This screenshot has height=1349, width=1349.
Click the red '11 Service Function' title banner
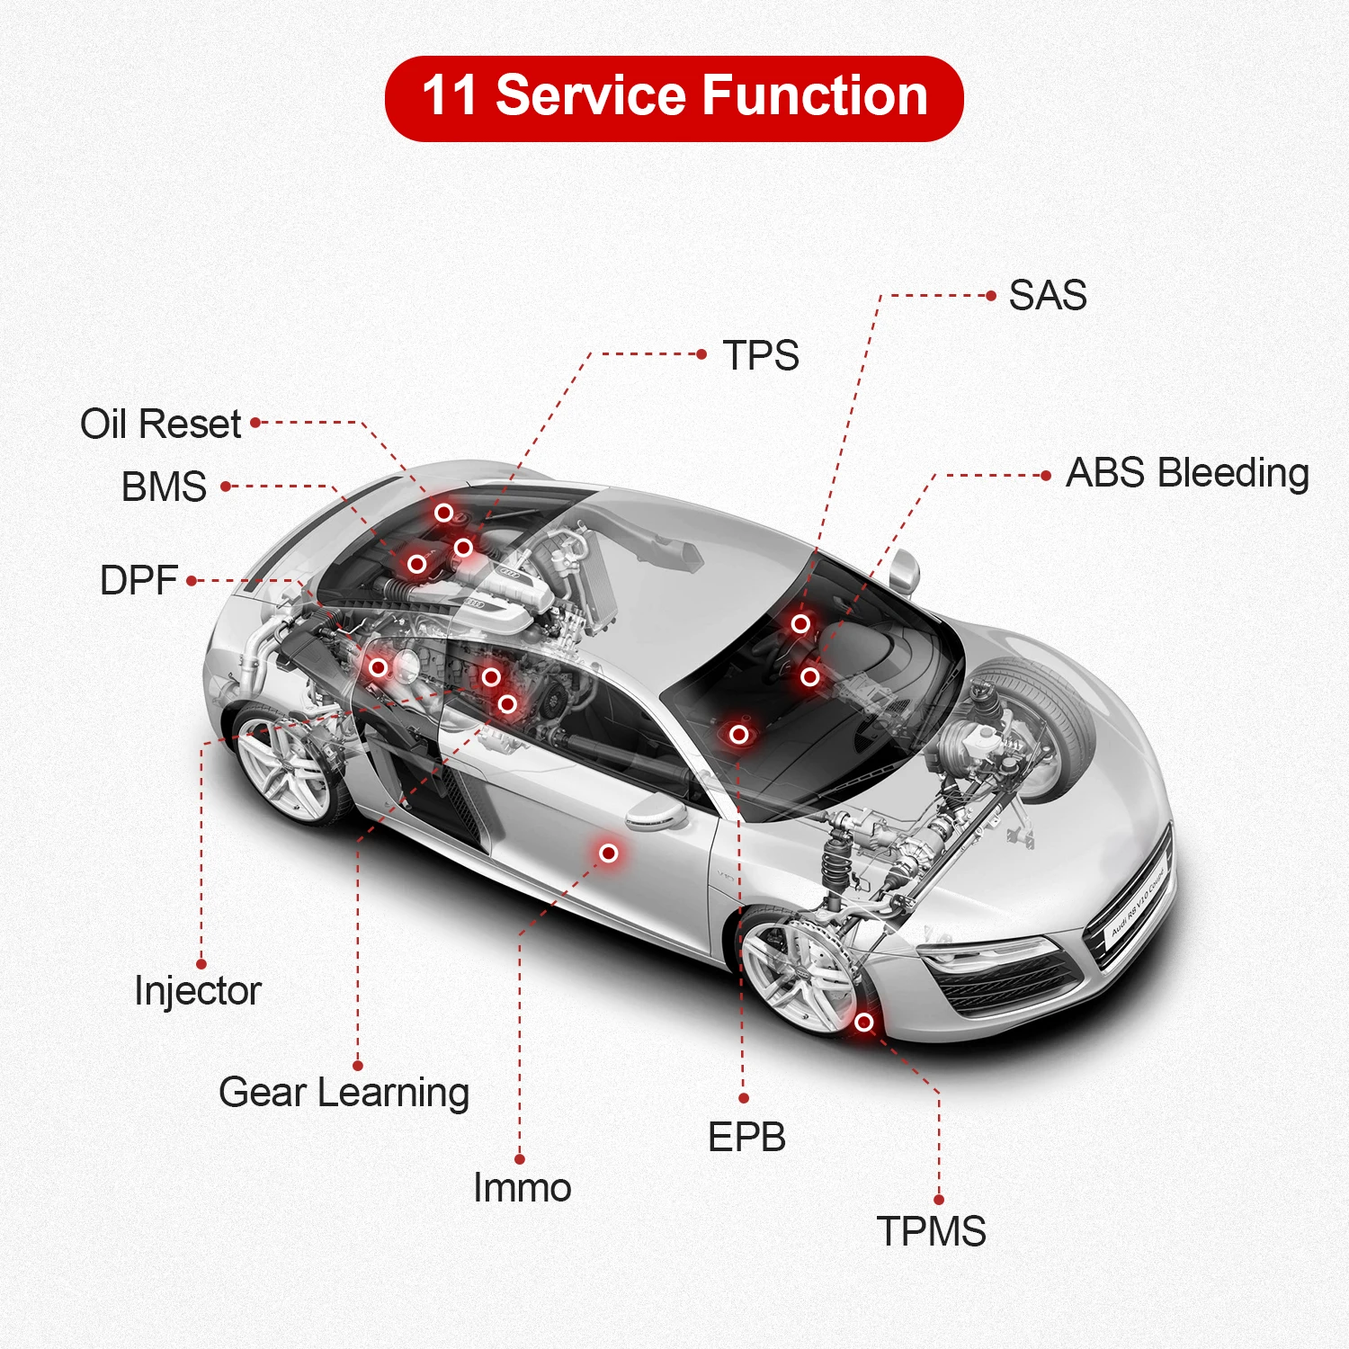click(674, 98)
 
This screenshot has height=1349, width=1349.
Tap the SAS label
click(1048, 295)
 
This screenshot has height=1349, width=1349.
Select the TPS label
click(761, 355)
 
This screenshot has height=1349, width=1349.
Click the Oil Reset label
click(160, 424)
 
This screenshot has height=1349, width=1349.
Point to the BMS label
click(164, 487)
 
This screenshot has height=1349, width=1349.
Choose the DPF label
click(138, 581)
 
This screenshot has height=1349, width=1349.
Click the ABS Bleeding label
click(1187, 473)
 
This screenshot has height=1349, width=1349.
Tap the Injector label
click(197, 991)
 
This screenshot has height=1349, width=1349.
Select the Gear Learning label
click(344, 1093)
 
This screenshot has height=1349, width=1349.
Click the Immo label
click(522, 1188)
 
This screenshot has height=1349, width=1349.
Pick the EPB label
click(746, 1138)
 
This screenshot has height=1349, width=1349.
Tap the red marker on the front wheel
click(863, 1022)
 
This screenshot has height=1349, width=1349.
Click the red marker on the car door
click(609, 853)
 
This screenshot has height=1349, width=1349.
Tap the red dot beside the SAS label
click(991, 295)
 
